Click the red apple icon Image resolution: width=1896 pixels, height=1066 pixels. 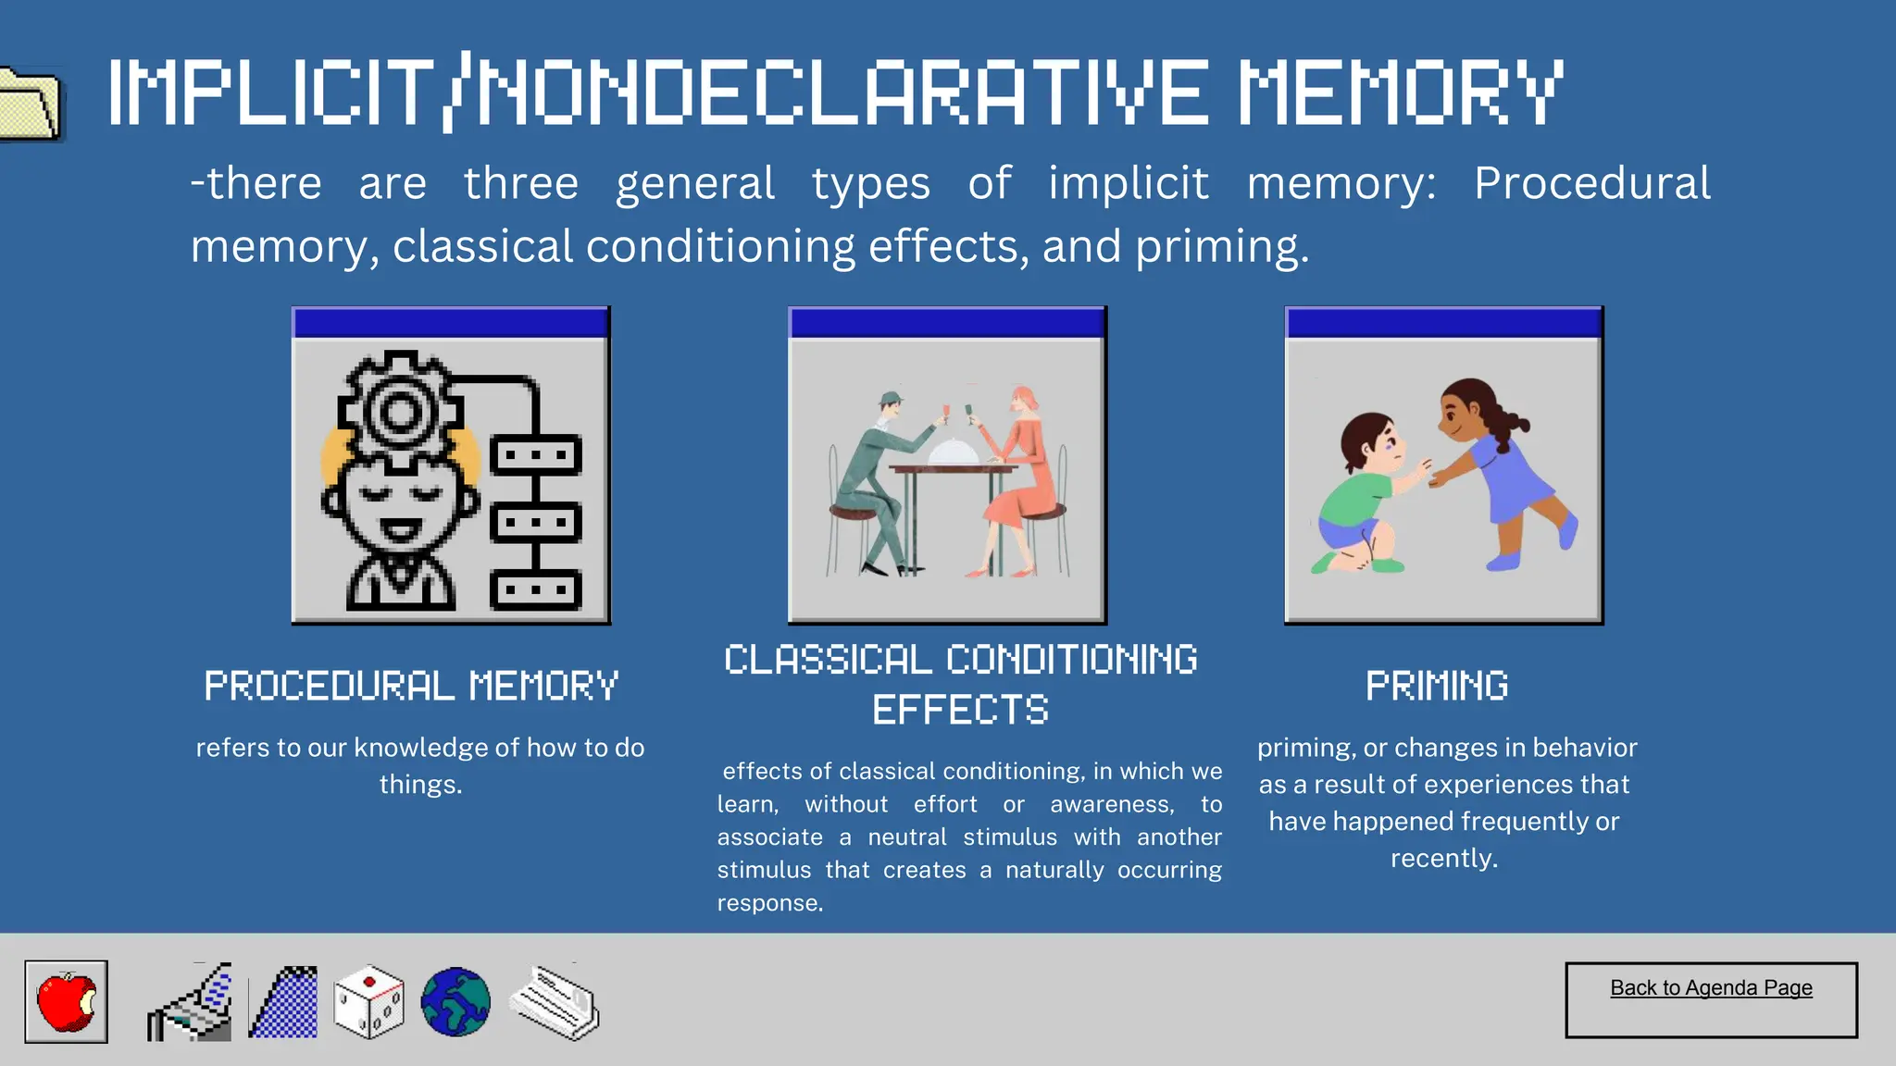click(x=66, y=1001)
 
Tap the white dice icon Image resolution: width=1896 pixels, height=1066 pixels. click(x=368, y=1002)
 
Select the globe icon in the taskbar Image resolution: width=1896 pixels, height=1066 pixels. click(x=455, y=1002)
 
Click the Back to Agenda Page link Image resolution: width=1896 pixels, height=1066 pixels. click(x=1711, y=988)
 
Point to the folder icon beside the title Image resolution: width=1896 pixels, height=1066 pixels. click(x=30, y=104)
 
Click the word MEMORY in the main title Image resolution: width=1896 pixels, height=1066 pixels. click(x=1401, y=93)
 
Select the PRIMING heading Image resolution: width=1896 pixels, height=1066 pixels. click(x=1437, y=687)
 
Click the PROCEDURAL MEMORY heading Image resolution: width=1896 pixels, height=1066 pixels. click(x=411, y=687)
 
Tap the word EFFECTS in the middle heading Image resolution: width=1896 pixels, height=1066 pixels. click(x=960, y=711)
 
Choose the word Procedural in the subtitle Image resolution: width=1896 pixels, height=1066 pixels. click(x=1591, y=183)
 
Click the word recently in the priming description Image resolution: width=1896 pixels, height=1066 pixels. click(x=1443, y=859)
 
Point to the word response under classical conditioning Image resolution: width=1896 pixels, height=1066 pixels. click(x=769, y=903)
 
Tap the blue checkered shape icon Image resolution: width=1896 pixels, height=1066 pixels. click(x=284, y=1003)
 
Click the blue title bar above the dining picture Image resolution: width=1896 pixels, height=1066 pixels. click(x=947, y=323)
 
